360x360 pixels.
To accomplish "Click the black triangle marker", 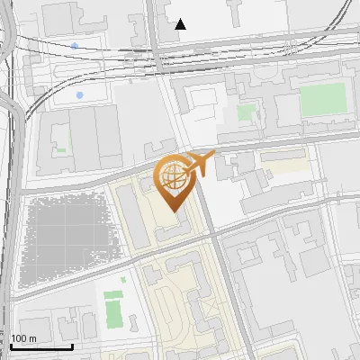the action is (181, 24).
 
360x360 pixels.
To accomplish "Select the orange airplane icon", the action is (201, 162).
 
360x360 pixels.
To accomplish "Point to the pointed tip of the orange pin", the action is (174, 211).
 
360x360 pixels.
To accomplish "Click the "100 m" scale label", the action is (23, 338).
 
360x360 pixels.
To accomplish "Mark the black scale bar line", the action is (41, 346).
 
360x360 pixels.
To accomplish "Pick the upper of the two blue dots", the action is (74, 45).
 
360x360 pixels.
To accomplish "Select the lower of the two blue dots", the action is (80, 94).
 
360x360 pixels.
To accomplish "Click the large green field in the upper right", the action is (322, 100).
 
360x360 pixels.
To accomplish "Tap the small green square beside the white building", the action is (245, 112).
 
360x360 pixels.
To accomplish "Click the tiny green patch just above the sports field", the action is (112, 293).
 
